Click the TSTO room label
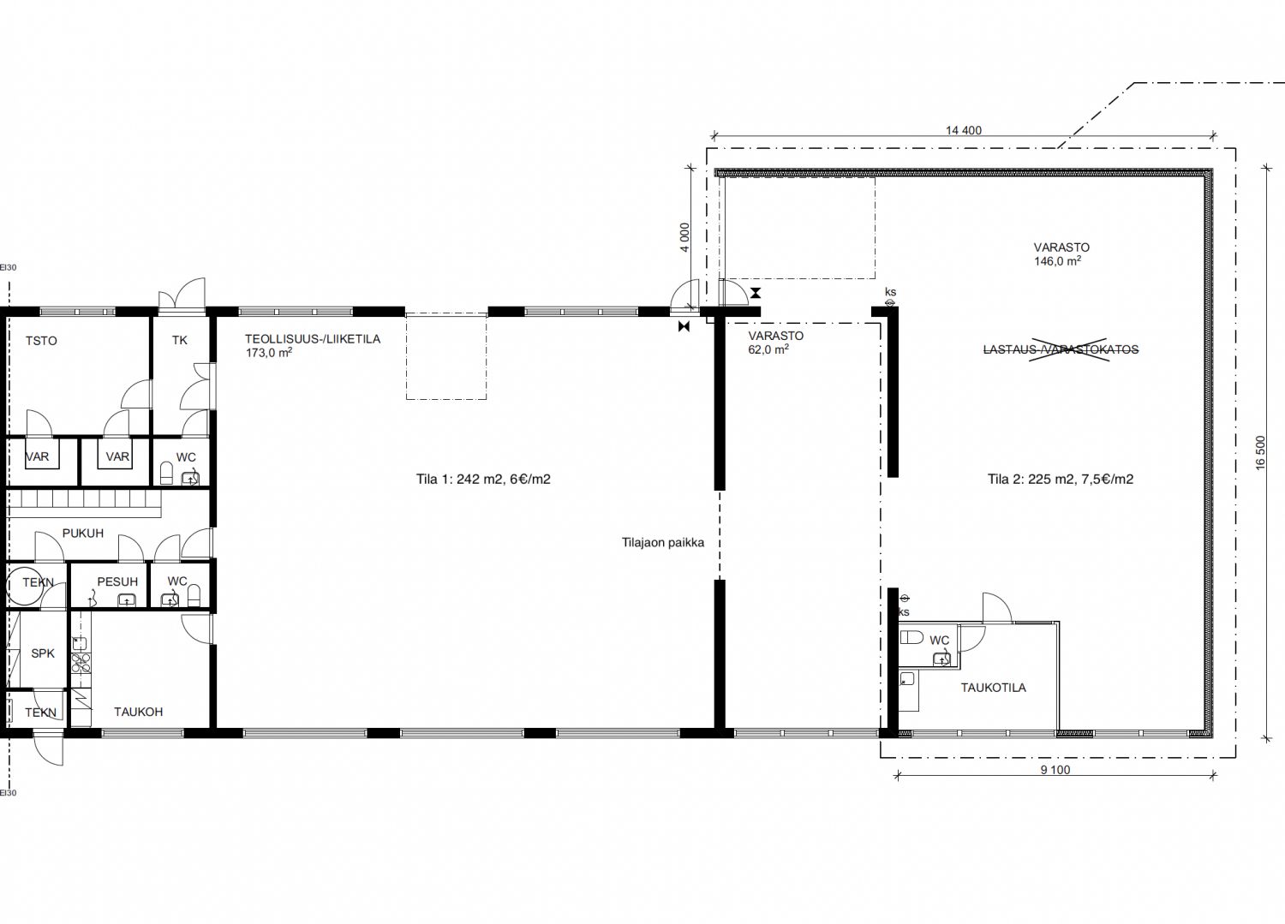point(41,341)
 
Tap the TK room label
point(180,340)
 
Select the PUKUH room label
point(83,533)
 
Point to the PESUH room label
point(117,581)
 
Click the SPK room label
point(43,653)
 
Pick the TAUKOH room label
point(138,712)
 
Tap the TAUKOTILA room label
point(994,688)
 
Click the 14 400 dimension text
point(964,130)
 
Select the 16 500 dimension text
point(1260,453)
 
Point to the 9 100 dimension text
point(1055,770)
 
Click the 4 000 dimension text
point(684,237)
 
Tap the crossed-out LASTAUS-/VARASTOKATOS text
point(1061,349)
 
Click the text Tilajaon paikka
point(663,543)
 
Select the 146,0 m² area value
point(1057,261)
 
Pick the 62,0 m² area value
point(768,349)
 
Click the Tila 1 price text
point(484,479)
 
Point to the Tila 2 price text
point(1061,479)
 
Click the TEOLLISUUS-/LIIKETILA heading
point(313,339)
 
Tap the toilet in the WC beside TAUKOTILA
point(911,637)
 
